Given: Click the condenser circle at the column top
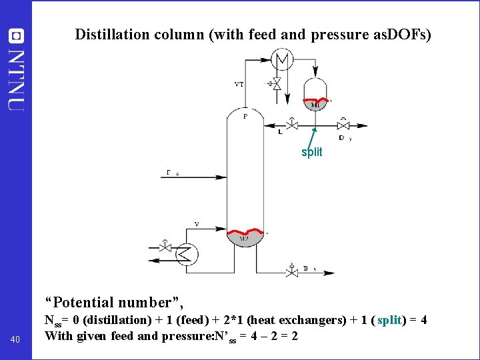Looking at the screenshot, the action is click(283, 60).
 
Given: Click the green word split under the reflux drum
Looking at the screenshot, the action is click(311, 152).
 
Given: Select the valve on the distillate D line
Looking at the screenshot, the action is click(343, 125).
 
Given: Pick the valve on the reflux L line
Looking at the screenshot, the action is click(291, 125).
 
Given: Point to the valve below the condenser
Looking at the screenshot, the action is click(277, 83).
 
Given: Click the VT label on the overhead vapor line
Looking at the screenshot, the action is click(239, 84).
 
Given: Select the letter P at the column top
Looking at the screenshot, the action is click(245, 117).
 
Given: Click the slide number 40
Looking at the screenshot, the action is click(16, 341).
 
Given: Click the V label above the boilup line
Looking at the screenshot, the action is click(197, 224).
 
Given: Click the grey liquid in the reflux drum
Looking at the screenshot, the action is click(315, 105).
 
